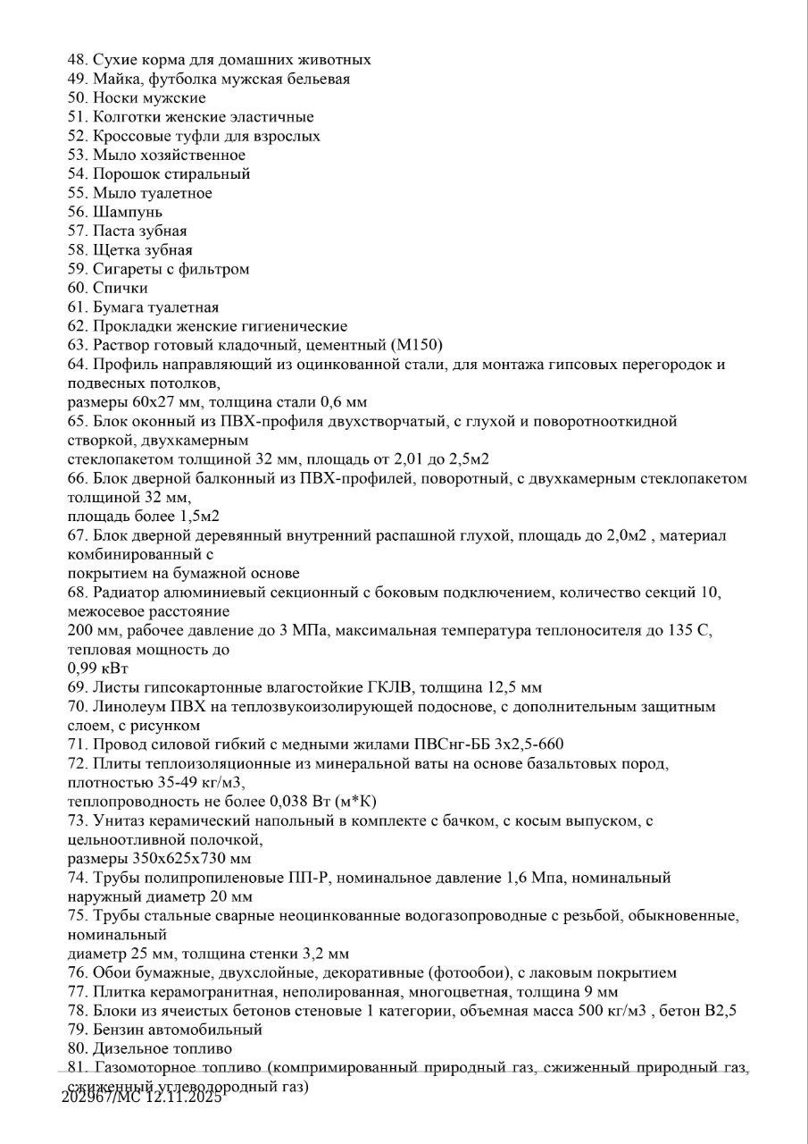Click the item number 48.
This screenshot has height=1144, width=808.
[77, 60]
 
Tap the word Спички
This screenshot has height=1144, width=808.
[121, 288]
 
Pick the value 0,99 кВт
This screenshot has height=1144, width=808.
[97, 668]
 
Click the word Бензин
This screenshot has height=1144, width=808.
[117, 1029]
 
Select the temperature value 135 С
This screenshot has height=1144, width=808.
[690, 630]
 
